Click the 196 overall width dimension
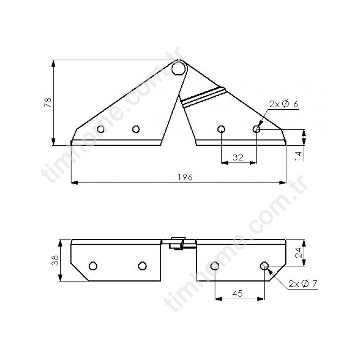click(185, 177)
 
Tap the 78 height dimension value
click(49, 103)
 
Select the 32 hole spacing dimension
click(238, 157)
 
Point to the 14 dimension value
click(299, 156)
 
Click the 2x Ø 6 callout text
click(284, 104)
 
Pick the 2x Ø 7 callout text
click(303, 284)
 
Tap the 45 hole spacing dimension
click(238, 293)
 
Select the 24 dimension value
click(299, 253)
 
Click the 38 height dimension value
click(55, 261)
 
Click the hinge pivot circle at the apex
click(180, 68)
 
